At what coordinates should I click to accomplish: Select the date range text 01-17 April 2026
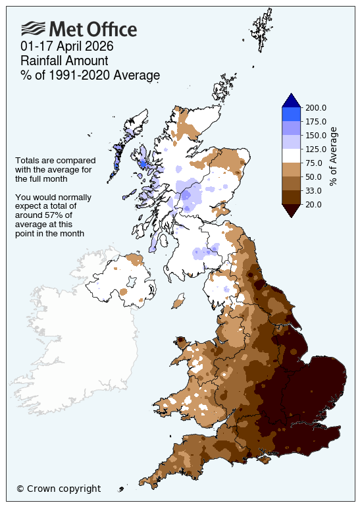(x=67, y=47)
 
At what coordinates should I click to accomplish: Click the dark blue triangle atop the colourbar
(x=292, y=100)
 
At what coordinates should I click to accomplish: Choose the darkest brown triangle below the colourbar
(x=292, y=210)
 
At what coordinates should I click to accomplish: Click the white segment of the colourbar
(x=292, y=155)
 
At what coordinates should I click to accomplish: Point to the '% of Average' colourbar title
(x=334, y=156)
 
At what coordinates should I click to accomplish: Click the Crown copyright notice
(x=59, y=489)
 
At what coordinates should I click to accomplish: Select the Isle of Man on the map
(x=178, y=304)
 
